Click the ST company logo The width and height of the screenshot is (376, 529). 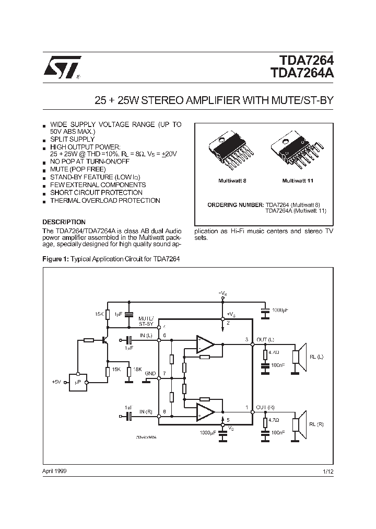[61, 67]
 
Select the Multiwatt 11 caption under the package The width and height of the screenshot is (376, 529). [297, 180]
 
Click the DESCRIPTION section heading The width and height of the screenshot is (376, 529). [64, 222]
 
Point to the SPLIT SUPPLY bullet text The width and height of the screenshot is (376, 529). [72, 140]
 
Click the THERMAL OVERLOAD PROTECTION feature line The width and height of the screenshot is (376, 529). [104, 201]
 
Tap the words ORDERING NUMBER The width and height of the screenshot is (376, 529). [236, 204]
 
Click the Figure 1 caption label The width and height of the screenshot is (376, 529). [55, 259]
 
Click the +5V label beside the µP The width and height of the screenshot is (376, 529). [56, 383]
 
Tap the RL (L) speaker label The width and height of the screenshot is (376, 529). [316, 356]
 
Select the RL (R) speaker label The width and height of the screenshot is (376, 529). [316, 424]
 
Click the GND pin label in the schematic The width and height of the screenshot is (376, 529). [150, 374]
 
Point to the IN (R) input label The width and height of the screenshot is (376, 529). [146, 412]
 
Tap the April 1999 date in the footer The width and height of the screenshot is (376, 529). [54, 470]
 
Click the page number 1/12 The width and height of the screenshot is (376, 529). [328, 471]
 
